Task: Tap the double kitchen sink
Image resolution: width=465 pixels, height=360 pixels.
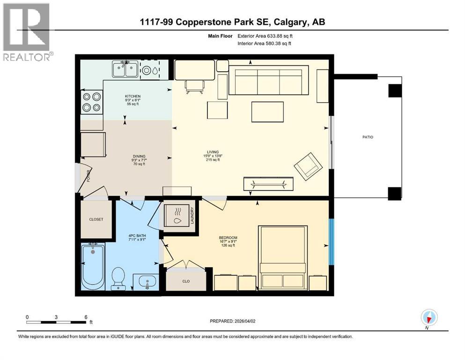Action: click(x=125, y=70)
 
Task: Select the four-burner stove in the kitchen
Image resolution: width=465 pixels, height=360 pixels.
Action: click(x=92, y=102)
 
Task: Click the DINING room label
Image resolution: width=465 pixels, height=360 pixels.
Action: click(x=139, y=157)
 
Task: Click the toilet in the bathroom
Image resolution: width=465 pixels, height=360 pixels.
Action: click(x=118, y=279)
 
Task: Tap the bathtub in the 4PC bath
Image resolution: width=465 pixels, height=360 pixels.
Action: click(x=94, y=267)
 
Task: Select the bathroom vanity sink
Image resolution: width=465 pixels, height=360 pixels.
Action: click(x=147, y=282)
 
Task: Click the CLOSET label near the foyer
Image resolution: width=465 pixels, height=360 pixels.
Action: click(x=96, y=219)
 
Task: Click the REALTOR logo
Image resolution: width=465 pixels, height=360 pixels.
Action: click(x=26, y=32)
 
